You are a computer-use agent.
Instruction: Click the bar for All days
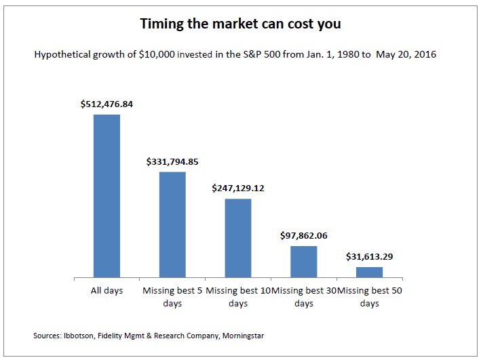[107, 196]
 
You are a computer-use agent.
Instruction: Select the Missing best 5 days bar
[172, 224]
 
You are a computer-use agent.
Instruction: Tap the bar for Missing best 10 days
[238, 238]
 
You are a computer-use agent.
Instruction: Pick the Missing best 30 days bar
[304, 262]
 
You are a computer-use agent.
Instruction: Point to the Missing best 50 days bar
[370, 272]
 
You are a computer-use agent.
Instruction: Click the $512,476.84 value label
[107, 104]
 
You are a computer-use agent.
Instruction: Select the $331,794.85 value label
[172, 162]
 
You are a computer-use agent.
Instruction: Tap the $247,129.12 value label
[238, 188]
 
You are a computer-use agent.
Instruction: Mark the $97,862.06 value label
[304, 236]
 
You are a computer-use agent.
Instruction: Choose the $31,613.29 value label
[370, 257]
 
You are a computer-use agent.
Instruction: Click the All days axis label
[107, 291]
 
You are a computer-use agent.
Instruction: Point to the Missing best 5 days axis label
[172, 297]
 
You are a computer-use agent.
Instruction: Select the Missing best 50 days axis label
[370, 297]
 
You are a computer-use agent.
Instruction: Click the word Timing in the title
[160, 24]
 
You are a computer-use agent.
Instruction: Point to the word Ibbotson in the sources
[77, 336]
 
